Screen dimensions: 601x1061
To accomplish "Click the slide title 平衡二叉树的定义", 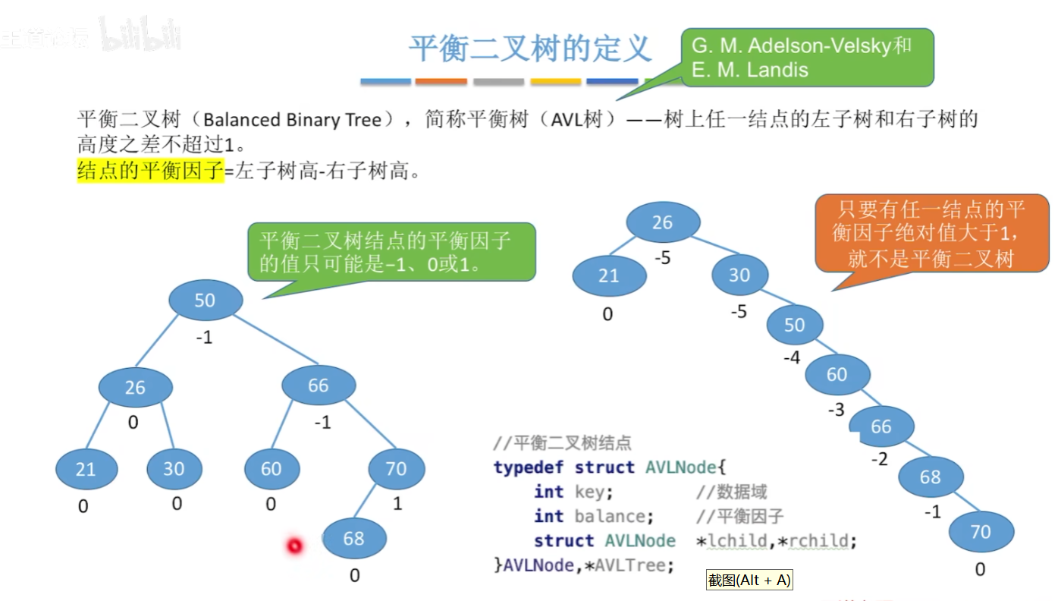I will (529, 49).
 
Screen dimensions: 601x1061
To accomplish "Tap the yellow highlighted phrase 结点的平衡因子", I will (150, 171).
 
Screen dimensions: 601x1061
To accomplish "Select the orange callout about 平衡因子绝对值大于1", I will (931, 234).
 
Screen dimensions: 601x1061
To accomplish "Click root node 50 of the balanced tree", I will (205, 300).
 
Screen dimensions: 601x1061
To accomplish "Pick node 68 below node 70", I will (354, 538).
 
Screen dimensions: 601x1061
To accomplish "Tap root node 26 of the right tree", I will (662, 222).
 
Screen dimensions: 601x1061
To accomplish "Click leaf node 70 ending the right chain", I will (981, 531).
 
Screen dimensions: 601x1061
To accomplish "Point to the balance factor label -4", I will (791, 357).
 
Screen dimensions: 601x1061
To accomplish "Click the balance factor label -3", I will (836, 411).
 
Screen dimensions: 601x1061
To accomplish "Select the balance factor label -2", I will (879, 459).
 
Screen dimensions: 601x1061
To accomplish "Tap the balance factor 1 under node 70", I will (397, 503).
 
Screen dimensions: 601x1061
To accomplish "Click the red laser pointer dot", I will (294, 545).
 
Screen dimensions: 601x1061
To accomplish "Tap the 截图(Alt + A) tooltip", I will (749, 581).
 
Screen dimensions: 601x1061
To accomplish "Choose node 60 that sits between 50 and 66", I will (837, 374).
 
